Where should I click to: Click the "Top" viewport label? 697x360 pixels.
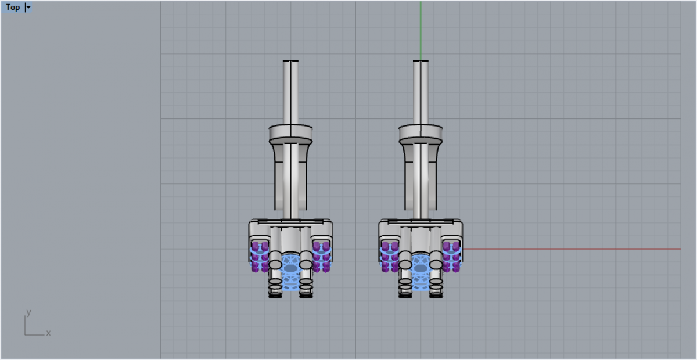tap(13, 7)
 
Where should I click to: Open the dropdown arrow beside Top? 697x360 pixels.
tap(28, 7)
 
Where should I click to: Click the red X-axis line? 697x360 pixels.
tap(572, 249)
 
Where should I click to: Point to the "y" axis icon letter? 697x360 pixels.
tap(28, 312)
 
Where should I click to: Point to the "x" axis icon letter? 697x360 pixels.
tap(48, 333)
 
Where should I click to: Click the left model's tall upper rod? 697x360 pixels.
tap(290, 92)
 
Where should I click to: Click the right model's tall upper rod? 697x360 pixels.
tap(421, 92)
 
